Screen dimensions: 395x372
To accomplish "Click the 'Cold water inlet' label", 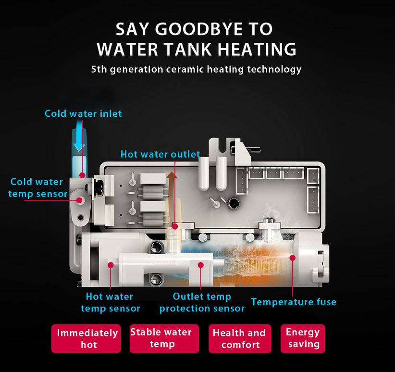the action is click(x=83, y=113).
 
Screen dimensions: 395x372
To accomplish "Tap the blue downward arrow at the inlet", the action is click(x=79, y=136).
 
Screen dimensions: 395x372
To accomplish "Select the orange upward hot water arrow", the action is click(x=172, y=197).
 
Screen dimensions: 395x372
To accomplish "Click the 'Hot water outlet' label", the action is click(x=160, y=154).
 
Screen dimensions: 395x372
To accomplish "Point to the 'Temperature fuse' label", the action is click(x=294, y=302).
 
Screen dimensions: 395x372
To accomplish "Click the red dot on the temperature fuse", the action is click(x=293, y=258).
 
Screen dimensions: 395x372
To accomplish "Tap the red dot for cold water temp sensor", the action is click(x=80, y=200).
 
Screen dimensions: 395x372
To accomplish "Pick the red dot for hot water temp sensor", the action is click(x=111, y=265).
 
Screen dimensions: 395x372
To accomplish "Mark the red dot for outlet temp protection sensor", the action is click(x=201, y=265).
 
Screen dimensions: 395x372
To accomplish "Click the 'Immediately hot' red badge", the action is click(x=86, y=338).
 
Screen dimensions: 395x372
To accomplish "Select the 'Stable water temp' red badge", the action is click(x=164, y=338).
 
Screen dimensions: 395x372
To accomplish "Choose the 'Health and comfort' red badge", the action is click(x=240, y=338).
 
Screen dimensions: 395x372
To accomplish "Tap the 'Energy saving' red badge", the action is click(x=303, y=338).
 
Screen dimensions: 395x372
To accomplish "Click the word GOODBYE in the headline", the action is click(x=199, y=29).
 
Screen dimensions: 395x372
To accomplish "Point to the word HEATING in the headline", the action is click(x=257, y=49).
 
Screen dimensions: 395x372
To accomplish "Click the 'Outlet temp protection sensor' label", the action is click(x=202, y=302).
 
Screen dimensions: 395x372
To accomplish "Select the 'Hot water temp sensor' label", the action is click(x=111, y=302).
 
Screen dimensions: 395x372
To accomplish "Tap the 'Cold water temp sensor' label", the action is click(x=38, y=188).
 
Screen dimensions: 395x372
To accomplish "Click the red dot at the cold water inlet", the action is click(x=82, y=175).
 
